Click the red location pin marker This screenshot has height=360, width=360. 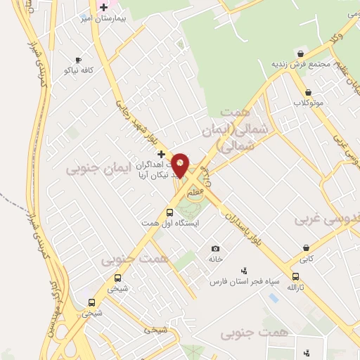pos(181,165)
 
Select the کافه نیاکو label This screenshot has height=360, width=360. pos(78,70)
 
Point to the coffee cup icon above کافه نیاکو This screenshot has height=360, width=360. pos(78,60)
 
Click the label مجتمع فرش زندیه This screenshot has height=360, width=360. pos(301,64)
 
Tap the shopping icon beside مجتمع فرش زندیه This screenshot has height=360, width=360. pos(301,53)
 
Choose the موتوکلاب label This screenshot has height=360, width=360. pos(308,103)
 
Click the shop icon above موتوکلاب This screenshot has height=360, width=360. pos(308,92)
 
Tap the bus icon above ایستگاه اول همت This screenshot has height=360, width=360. pos(169,212)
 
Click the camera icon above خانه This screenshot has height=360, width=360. pos(215,248)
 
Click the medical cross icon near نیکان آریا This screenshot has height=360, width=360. pos(161,153)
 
